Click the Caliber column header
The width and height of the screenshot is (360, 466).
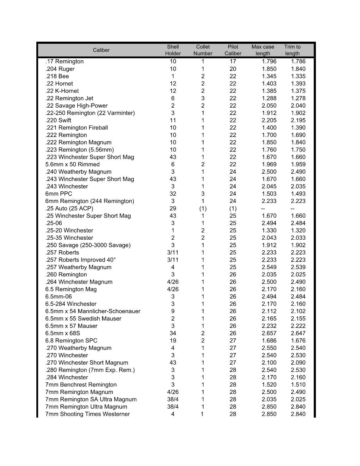click(x=101, y=50)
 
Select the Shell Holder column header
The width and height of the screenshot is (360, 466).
click(x=173, y=50)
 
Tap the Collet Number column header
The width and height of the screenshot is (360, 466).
click(x=203, y=50)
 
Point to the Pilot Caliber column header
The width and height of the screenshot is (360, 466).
click(x=233, y=50)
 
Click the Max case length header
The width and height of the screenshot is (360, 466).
click(x=263, y=50)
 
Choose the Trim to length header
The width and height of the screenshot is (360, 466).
click(x=292, y=50)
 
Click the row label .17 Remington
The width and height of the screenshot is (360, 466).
click(x=65, y=61)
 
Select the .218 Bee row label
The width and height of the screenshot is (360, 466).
click(x=57, y=76)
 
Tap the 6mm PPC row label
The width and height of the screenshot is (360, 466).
click(x=59, y=194)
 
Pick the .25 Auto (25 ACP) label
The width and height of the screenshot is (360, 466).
click(x=69, y=208)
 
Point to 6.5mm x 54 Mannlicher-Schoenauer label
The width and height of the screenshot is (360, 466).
click(x=93, y=311)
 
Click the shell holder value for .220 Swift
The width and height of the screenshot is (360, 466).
click(x=173, y=120)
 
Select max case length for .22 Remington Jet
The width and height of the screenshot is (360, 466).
click(x=269, y=98)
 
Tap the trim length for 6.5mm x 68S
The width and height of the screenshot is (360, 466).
click(x=298, y=333)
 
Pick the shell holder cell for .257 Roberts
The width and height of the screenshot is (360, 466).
click(x=173, y=252)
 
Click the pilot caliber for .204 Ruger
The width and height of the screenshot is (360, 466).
click(x=233, y=69)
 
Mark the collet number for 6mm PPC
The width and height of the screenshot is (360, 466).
click(x=203, y=194)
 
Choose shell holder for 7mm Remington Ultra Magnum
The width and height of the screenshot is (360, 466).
click(x=173, y=407)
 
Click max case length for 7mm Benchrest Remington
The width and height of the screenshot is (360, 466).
click(x=269, y=385)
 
